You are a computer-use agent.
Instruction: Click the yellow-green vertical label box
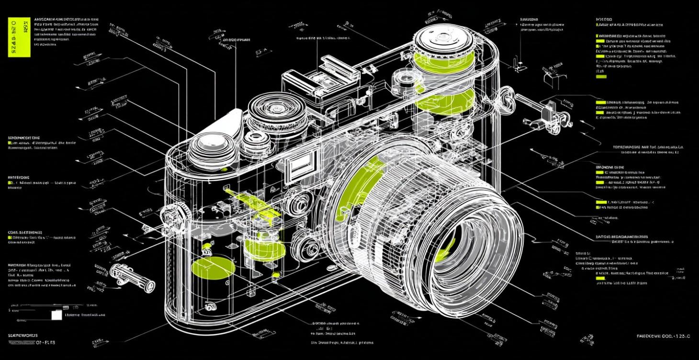coord(20,37)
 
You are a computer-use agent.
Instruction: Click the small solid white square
coord(56,315)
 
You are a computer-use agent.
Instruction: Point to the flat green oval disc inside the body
coord(213,267)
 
